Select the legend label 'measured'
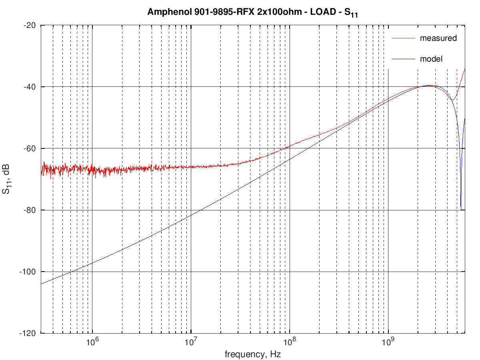(x=438, y=38)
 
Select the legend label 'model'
(x=431, y=59)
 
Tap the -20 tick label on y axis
(x=30, y=25)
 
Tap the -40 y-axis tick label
(x=30, y=87)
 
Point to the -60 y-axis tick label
(x=30, y=148)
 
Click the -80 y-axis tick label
(x=30, y=210)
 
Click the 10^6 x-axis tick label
(x=92, y=342)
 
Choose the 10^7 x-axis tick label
(x=191, y=342)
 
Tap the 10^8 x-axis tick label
(x=290, y=342)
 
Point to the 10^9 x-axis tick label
(x=388, y=342)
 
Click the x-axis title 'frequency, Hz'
(x=253, y=354)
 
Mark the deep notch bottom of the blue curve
(x=462, y=209)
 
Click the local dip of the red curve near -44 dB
(x=452, y=100)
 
